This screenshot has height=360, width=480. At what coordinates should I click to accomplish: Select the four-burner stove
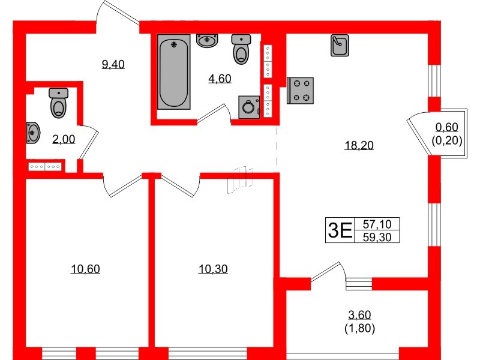click(301, 91)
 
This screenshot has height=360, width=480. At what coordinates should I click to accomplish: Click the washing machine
click(248, 108)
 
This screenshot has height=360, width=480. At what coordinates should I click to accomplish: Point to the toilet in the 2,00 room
click(59, 103)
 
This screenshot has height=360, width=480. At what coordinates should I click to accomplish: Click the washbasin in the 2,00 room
click(33, 132)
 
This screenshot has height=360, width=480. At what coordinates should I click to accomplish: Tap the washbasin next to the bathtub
click(208, 41)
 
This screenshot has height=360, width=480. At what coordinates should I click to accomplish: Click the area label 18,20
click(359, 145)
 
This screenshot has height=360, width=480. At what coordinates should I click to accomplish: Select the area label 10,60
click(85, 269)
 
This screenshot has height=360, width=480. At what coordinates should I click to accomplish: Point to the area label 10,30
click(213, 269)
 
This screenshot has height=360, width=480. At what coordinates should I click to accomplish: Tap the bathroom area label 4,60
click(220, 79)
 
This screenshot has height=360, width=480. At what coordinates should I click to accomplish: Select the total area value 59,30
click(377, 236)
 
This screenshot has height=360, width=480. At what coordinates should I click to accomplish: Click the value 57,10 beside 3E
click(377, 224)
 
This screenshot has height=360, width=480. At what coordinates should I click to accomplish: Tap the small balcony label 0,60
click(446, 127)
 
